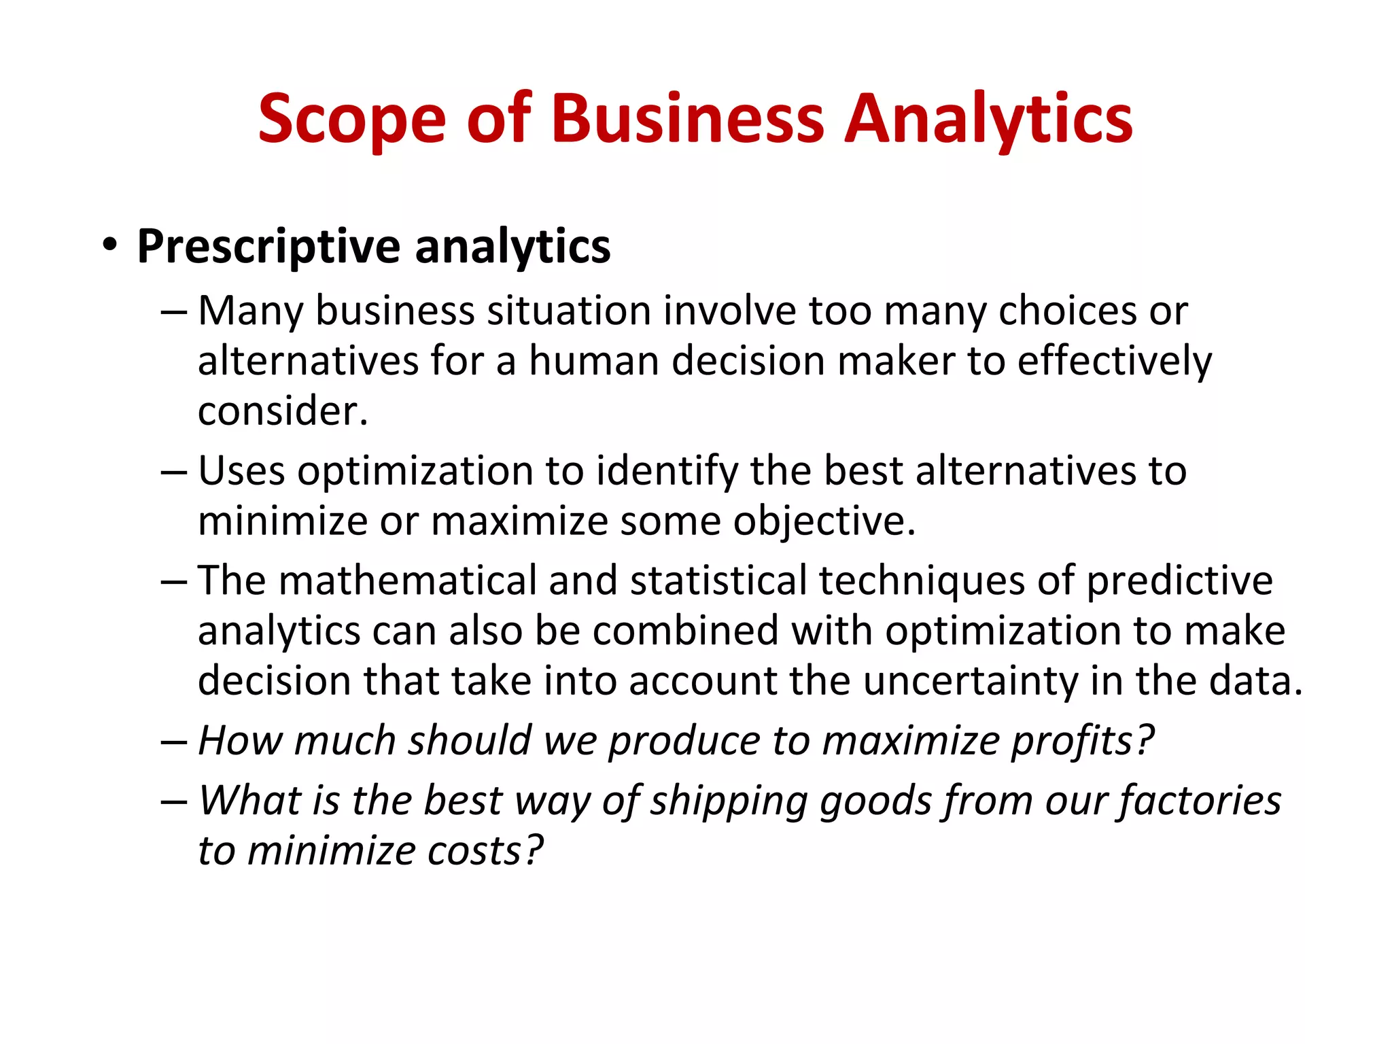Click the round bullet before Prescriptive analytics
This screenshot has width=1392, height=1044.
[x=109, y=245]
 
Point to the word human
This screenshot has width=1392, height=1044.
[x=593, y=360]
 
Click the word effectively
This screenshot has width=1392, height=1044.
[x=1114, y=360]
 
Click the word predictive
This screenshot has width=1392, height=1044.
[x=1179, y=580]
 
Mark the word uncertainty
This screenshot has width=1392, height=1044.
[x=970, y=681]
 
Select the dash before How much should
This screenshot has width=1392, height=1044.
[x=173, y=741]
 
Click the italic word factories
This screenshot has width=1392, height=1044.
[x=1200, y=800]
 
